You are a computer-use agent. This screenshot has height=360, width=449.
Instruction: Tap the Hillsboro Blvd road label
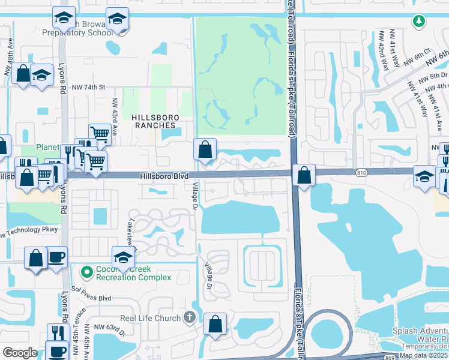point(164,176)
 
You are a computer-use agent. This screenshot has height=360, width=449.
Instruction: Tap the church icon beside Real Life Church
point(190,317)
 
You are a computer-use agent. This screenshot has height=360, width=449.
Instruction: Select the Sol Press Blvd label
point(92,298)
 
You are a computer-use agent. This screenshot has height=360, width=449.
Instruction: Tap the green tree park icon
point(419,22)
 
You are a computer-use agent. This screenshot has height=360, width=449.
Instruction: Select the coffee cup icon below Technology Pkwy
point(57,258)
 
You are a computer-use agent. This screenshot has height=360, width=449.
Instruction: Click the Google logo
point(20,353)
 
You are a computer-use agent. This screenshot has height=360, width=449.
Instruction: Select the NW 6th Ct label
point(418,61)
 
